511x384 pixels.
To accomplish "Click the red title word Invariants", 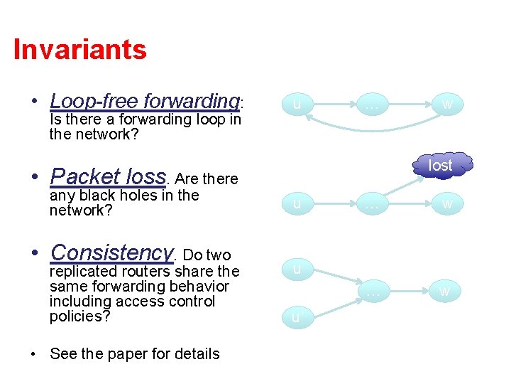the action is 79,50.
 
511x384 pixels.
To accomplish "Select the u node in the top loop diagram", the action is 297,105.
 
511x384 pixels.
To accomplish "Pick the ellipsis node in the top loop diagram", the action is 371,105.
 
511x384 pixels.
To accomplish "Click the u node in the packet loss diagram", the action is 297,205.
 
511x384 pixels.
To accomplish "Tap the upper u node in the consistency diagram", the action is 297,269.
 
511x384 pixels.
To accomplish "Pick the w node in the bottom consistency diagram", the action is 445,291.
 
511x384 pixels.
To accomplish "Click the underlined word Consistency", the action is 111,252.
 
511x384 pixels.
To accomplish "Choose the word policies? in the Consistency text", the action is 79,316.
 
